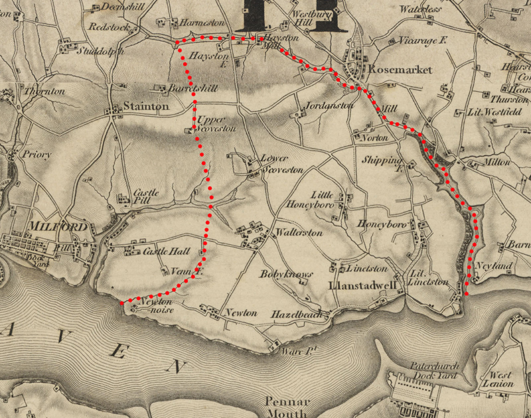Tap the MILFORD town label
(58, 228)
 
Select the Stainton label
(146, 105)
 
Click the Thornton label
(44, 91)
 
